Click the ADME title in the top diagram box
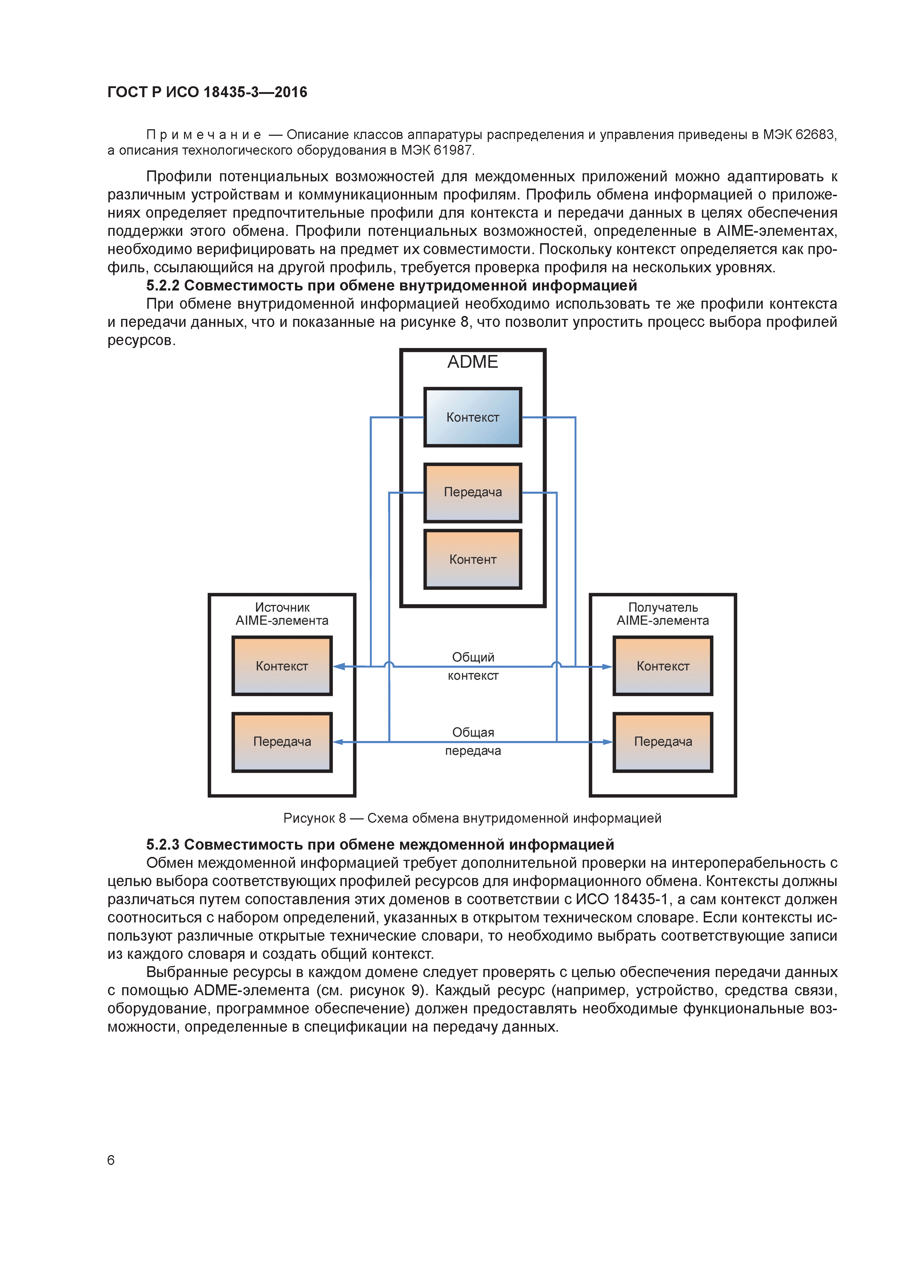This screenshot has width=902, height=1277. [472, 362]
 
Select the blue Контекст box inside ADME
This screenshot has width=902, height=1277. [472, 417]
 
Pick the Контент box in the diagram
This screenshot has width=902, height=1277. [472, 559]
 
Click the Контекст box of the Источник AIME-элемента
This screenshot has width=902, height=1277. [282, 666]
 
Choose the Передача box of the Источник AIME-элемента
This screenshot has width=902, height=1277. [282, 742]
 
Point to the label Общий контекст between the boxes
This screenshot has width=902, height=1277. [473, 666]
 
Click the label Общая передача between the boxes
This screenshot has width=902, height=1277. [473, 742]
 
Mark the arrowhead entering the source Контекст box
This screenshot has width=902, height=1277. [339, 666]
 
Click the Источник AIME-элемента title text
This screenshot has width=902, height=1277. [282, 614]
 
